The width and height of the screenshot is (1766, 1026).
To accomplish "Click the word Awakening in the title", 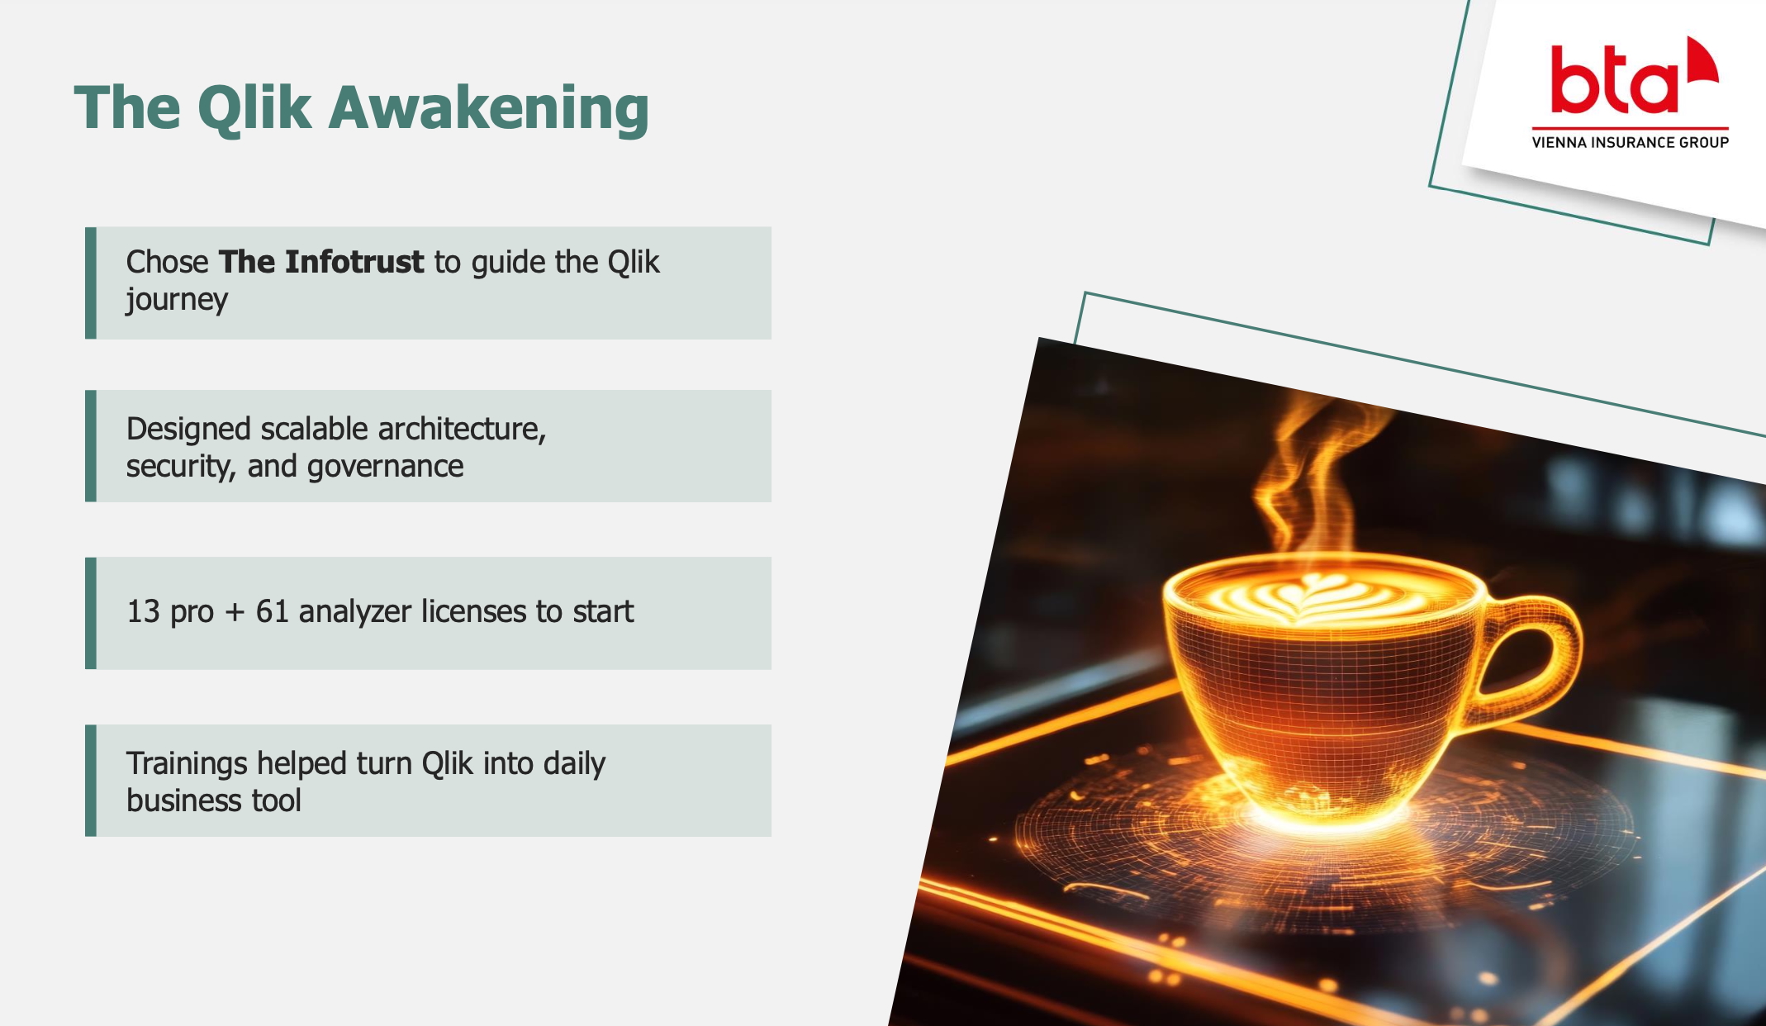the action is pos(489,108).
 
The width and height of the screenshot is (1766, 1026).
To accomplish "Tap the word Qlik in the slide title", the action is pos(254,108).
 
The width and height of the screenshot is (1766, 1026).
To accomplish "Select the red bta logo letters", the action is pos(1615,79).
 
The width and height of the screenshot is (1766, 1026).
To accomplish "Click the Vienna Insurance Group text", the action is pos(1630,142).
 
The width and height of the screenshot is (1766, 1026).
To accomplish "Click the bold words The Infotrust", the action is pos(321,262).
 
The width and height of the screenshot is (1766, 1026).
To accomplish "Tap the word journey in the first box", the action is pos(177,300).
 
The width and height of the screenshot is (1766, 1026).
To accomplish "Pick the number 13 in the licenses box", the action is pos(143,611).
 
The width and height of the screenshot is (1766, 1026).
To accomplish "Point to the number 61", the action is pos(272,611).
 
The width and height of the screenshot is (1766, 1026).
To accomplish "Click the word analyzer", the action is pos(355,612).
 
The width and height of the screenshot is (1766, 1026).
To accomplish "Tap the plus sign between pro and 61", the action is pos(235,613).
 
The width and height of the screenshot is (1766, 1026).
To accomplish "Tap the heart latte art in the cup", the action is pos(1308,595).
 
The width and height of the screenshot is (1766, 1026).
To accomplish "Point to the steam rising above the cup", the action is pos(1313,479).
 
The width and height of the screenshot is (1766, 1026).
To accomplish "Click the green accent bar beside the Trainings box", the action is pos(91,781).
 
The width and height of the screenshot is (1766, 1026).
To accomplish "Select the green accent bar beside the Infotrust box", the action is pos(91,283).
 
